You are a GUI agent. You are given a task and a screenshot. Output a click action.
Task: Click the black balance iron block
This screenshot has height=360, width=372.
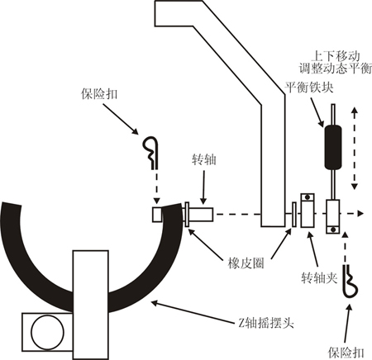[x=333, y=147]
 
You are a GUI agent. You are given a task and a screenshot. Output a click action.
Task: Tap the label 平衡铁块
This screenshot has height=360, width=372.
[x=309, y=88]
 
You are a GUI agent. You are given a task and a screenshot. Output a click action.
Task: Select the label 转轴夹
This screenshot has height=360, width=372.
[x=319, y=278]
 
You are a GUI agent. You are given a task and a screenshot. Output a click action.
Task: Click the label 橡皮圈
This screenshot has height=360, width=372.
[x=246, y=263]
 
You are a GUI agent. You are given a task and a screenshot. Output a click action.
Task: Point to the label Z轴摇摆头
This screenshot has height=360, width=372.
[x=266, y=323]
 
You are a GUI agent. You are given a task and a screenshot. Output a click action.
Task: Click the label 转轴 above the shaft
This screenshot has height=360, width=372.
[x=204, y=160]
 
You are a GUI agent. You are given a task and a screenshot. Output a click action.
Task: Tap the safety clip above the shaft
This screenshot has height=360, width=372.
[x=151, y=152]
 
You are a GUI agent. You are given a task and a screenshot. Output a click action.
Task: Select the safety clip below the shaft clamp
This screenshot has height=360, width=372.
[x=351, y=282]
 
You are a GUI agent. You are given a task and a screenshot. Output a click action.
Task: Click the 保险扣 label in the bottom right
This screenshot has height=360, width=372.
[x=346, y=353]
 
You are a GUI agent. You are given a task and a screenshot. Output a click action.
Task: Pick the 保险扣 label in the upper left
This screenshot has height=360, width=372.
[x=99, y=94]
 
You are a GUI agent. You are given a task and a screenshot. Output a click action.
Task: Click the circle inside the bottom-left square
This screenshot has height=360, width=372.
[x=47, y=332]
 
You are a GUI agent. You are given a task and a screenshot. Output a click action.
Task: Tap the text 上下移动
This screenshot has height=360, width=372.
[x=336, y=56]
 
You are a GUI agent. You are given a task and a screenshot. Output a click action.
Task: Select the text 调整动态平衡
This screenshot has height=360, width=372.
[x=336, y=69]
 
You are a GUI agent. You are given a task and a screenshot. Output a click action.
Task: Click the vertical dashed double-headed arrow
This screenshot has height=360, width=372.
[x=355, y=148]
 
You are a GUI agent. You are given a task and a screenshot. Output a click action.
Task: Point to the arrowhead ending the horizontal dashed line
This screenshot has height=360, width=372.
[x=360, y=213]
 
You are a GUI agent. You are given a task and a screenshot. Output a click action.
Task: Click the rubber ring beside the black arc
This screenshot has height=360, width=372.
[x=187, y=215]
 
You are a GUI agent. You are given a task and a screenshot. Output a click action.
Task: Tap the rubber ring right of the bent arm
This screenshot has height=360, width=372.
[x=294, y=215]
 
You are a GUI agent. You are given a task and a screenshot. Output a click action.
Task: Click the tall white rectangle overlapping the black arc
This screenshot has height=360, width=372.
[x=90, y=305]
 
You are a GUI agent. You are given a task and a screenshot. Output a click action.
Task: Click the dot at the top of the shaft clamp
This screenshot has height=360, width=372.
[x=308, y=197]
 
